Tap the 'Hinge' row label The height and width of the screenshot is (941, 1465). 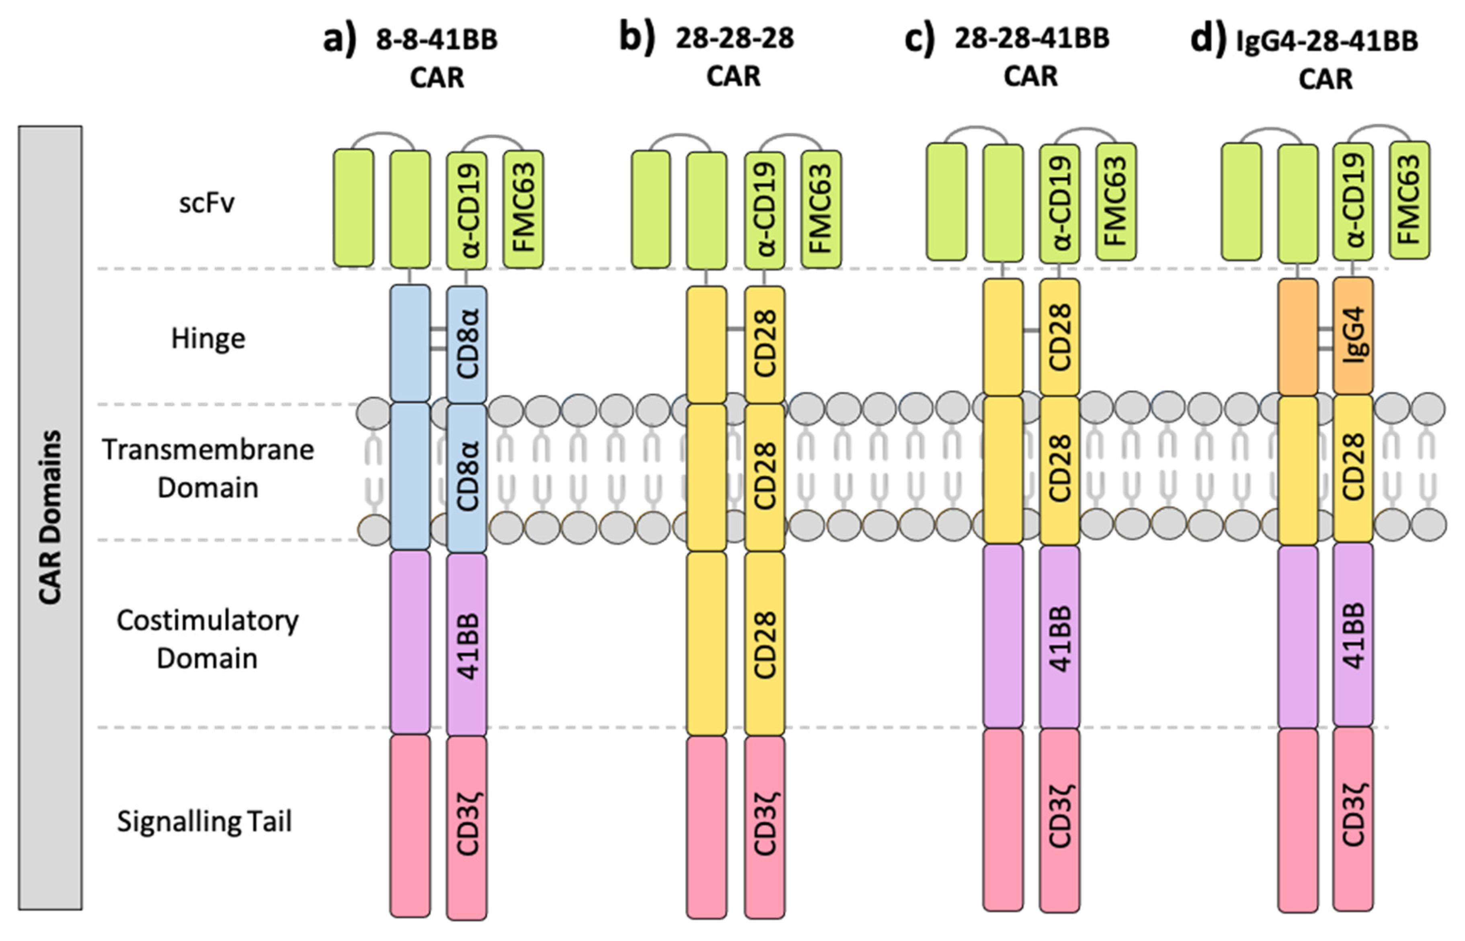(208, 338)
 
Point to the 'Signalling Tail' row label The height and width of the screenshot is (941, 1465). (205, 822)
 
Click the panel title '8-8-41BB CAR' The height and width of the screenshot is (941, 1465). (422, 58)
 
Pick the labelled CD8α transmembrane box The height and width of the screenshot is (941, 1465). (467, 477)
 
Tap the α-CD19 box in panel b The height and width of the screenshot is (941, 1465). (765, 209)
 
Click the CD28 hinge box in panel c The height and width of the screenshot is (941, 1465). (1059, 337)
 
